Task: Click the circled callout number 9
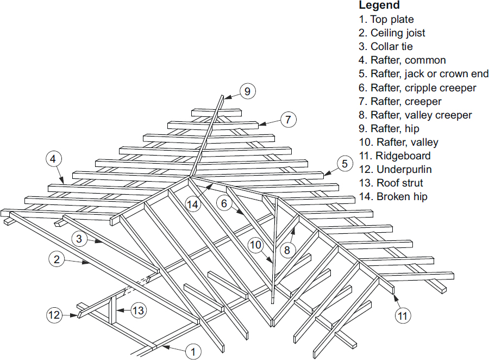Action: point(247,91)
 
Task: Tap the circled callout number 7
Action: point(287,119)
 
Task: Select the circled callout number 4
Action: point(53,159)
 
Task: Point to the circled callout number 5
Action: point(344,163)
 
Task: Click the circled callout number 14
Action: point(192,204)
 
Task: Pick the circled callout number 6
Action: point(225,203)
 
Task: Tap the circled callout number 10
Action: point(256,245)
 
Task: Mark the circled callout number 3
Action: point(80,239)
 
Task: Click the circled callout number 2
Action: point(57,259)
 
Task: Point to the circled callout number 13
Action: point(139,311)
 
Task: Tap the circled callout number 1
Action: point(192,352)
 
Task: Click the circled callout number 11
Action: point(403,314)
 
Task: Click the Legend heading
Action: point(379,5)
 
